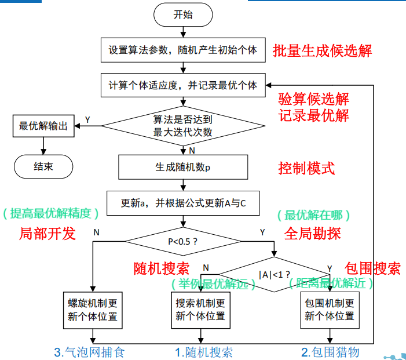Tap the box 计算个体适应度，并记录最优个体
click(x=183, y=85)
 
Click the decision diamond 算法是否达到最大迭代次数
click(x=183, y=126)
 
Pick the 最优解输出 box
click(x=43, y=126)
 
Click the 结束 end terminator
click(x=43, y=166)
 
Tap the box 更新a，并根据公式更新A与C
click(x=183, y=203)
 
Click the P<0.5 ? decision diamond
click(x=183, y=240)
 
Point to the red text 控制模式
click(x=306, y=168)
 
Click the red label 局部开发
click(x=47, y=234)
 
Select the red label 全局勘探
click(x=313, y=233)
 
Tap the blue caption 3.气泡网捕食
click(x=89, y=351)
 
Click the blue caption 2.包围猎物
click(x=330, y=351)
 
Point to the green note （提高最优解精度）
click(x=51, y=214)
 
